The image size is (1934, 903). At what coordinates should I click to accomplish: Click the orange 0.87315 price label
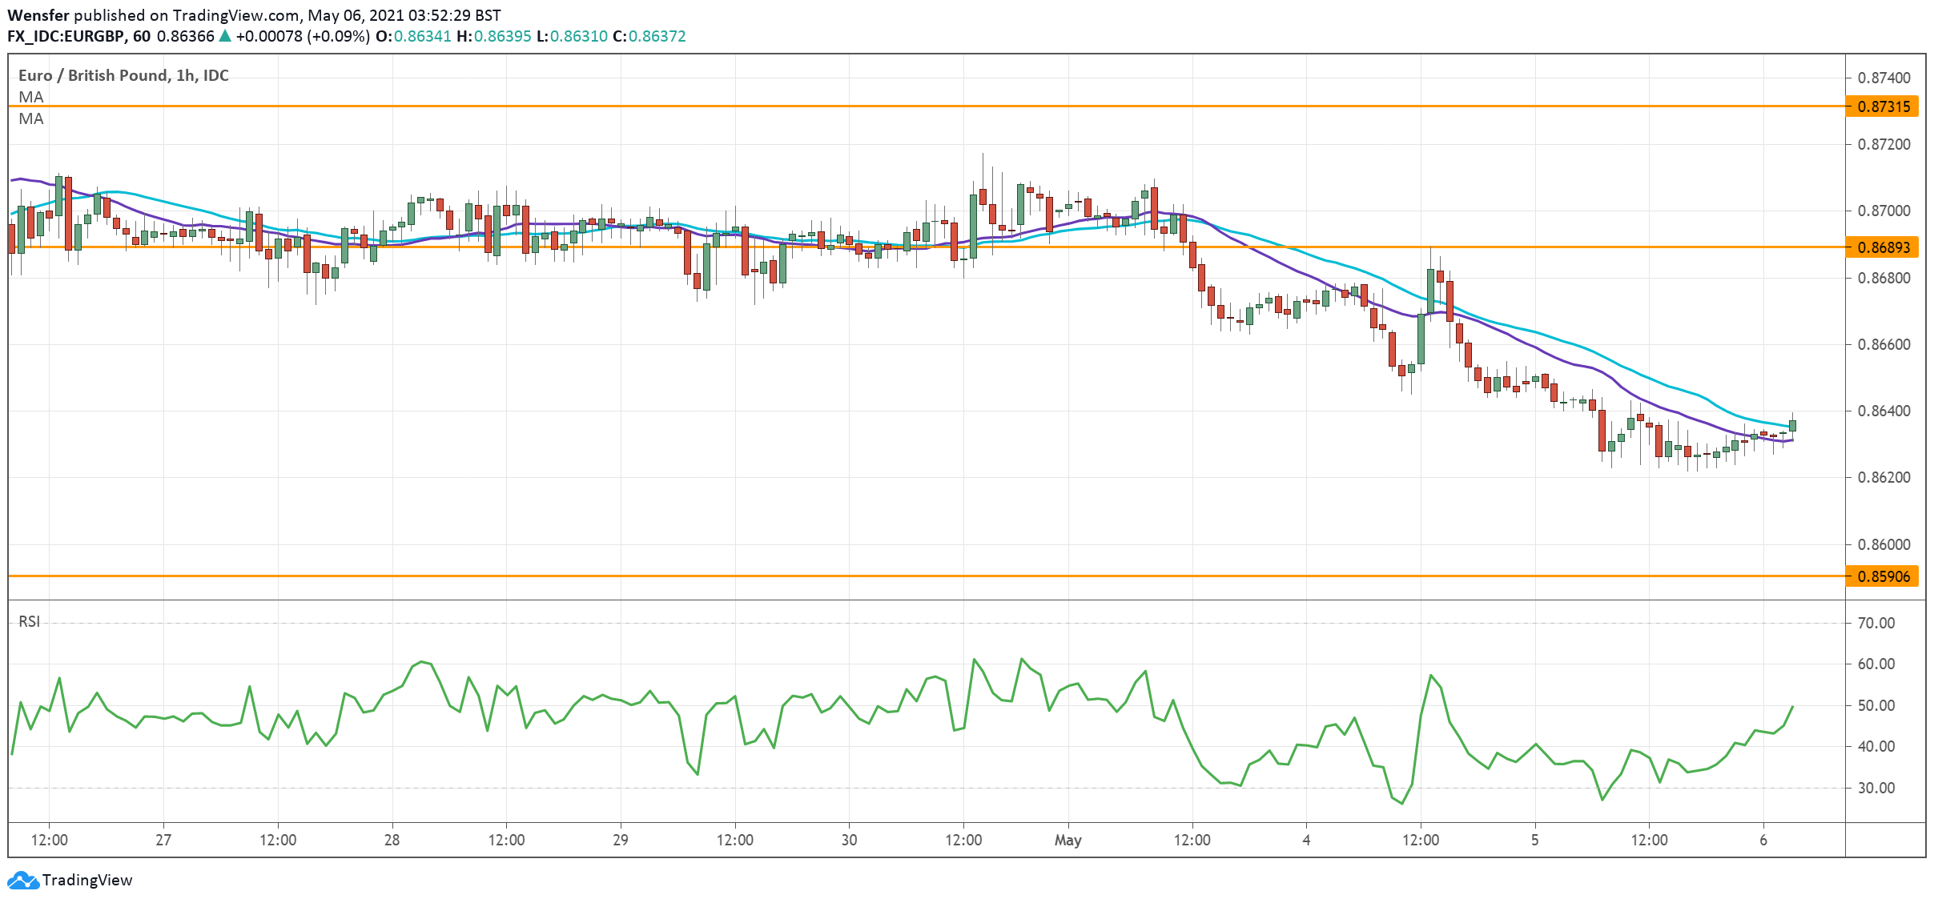(1882, 106)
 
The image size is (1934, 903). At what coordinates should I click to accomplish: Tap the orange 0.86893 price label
(1882, 247)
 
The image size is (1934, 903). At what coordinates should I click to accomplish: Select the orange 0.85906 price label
(1882, 576)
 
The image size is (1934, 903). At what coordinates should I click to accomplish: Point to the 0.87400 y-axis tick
(1884, 78)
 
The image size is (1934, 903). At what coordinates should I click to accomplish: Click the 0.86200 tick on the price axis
(1884, 478)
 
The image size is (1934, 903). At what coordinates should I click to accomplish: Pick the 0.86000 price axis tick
(1884, 544)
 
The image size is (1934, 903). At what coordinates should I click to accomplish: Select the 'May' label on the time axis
(1068, 841)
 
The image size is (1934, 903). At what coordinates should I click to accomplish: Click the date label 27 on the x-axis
(163, 841)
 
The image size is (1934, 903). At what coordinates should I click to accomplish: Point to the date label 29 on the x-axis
(621, 841)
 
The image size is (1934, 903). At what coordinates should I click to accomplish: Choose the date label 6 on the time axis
(1763, 841)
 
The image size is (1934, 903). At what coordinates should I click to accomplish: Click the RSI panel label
(29, 622)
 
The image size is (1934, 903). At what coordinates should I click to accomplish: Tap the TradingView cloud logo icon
(22, 881)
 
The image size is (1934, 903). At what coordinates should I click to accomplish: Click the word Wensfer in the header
(38, 15)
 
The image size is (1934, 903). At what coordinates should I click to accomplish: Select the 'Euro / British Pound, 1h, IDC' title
(123, 75)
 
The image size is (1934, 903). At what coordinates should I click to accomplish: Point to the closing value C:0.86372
(649, 36)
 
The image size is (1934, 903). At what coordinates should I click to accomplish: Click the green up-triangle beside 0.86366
(225, 36)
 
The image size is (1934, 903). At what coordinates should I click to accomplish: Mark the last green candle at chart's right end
(1792, 425)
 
